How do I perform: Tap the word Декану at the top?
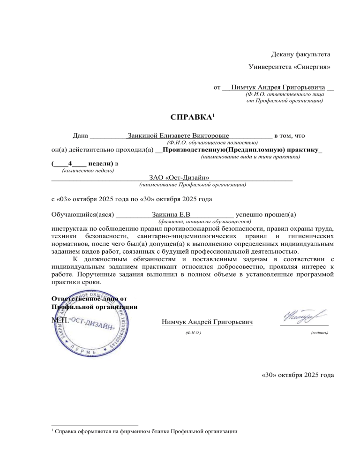285,55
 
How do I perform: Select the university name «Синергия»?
312,67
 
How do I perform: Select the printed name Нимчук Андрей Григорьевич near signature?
207,322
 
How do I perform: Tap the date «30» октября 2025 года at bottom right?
297,375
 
